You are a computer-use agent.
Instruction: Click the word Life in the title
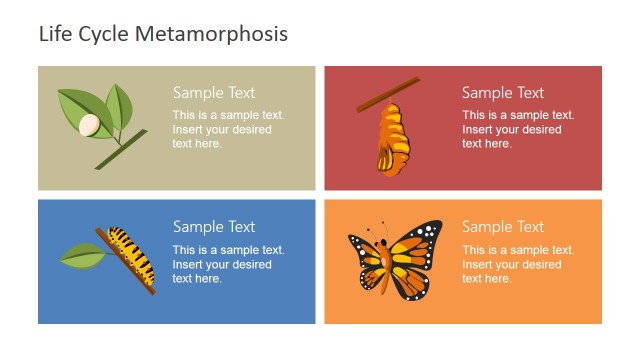coord(54,34)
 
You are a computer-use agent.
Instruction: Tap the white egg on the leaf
coord(90,125)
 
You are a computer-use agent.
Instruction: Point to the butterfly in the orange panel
coord(394,259)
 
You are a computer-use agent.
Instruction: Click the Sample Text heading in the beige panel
coord(214,93)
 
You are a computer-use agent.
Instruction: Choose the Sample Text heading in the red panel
coord(503,93)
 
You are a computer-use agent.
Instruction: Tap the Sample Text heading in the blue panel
coord(214,227)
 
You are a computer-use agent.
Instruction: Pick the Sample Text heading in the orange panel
coord(503,227)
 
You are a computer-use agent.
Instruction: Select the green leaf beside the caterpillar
coord(81,256)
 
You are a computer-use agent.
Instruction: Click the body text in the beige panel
coord(227,129)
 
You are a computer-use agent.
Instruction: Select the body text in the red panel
coord(517,129)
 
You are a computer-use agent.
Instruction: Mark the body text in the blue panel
coord(227,264)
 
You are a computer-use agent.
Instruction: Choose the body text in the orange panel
coord(517,264)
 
